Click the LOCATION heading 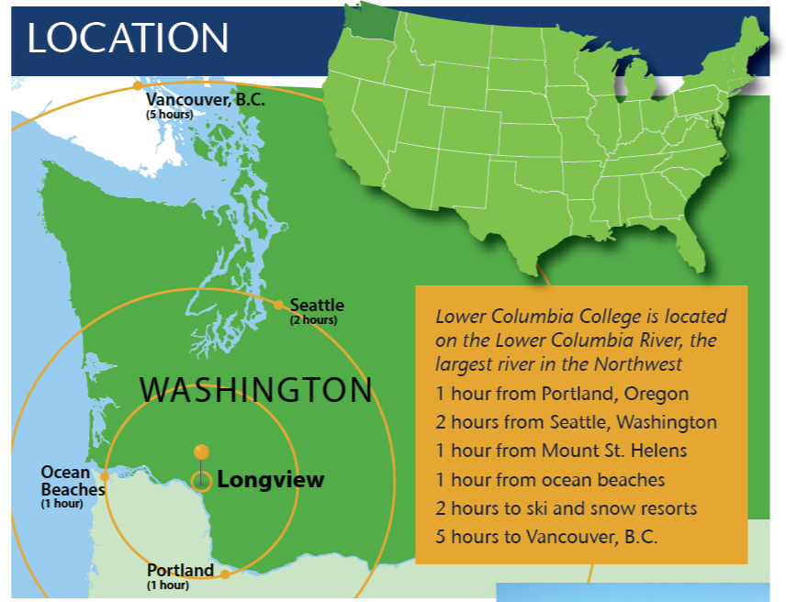point(128,38)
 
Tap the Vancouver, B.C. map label point(205,99)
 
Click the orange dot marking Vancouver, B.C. point(138,85)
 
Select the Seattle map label point(317,305)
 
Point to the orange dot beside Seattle point(279,305)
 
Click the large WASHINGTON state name point(256,390)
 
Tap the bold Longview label point(270,480)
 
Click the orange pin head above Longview point(201,451)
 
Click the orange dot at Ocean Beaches point(105,475)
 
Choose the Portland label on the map point(180,571)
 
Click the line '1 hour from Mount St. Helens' point(562,451)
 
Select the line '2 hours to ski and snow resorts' point(566,508)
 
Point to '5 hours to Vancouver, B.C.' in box point(546,537)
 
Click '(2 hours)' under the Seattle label point(313,320)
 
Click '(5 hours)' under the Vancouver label point(168,115)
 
